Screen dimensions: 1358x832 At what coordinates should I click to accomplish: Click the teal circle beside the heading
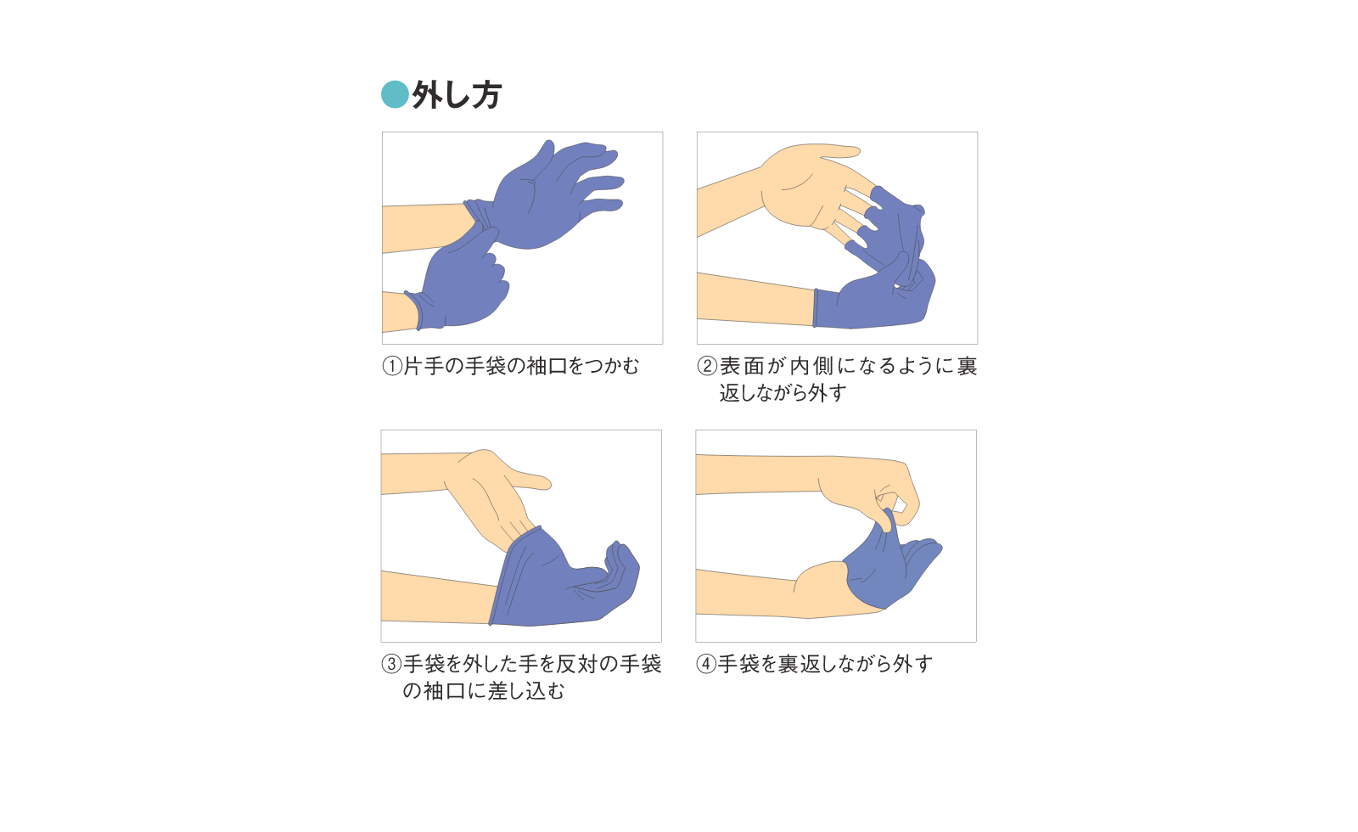click(395, 94)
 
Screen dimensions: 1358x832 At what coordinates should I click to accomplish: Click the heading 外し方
click(457, 95)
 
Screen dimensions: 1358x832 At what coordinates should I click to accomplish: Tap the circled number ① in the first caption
click(392, 366)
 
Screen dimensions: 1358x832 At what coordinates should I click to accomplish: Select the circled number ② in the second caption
click(707, 366)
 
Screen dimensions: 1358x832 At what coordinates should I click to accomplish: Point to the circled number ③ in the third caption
click(391, 664)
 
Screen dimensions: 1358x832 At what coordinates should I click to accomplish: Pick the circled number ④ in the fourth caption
click(706, 664)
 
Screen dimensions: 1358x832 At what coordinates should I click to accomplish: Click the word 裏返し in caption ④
click(809, 664)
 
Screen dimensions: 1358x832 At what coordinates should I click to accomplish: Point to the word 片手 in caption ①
click(424, 366)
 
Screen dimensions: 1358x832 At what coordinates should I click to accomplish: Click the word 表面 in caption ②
click(742, 366)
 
